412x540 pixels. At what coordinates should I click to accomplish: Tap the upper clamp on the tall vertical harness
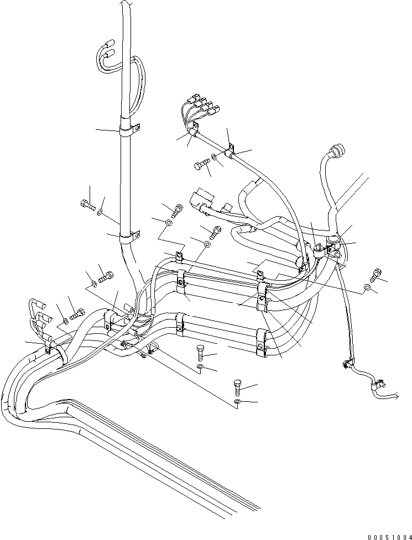128,131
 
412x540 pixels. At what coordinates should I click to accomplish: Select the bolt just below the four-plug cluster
201,164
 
